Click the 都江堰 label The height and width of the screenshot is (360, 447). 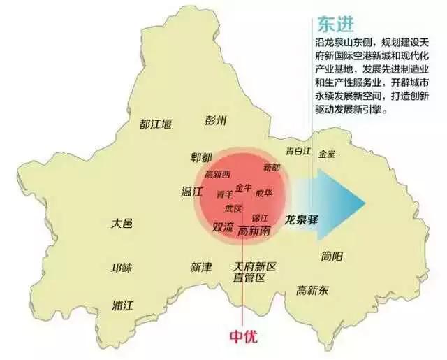pos(155,124)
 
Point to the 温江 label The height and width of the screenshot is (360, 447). pos(191,191)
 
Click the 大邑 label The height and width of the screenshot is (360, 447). pos(122,224)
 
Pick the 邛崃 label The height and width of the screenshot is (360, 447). pos(122,268)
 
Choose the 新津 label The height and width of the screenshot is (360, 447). pos(200,268)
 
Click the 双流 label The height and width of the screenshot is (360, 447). pos(223,227)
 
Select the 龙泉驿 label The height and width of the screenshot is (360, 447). pos(302,219)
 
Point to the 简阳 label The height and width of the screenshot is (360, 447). pos(332,256)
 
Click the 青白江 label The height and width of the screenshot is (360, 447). pos(298,151)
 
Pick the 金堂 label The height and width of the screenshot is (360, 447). pos(327,153)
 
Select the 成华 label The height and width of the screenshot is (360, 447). pos(264,192)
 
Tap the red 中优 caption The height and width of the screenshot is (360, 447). pos(243,336)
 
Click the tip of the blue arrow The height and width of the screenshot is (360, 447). pos(364,203)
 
